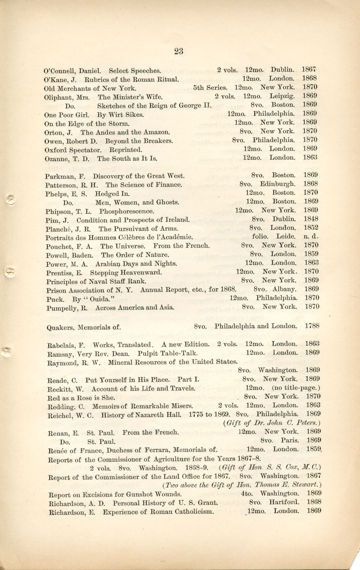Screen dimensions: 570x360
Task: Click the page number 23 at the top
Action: click(179, 51)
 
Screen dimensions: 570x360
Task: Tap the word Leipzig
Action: click(282, 96)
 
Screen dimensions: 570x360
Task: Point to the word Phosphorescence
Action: click(126, 212)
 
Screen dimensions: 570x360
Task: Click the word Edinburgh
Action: click(277, 184)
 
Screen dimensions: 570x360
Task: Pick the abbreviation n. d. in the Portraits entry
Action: click(311, 237)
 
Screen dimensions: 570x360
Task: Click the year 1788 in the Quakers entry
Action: click(312, 326)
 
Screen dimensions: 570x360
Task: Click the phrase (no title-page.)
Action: click(296, 388)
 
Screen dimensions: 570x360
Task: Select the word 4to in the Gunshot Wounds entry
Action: click(247, 493)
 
